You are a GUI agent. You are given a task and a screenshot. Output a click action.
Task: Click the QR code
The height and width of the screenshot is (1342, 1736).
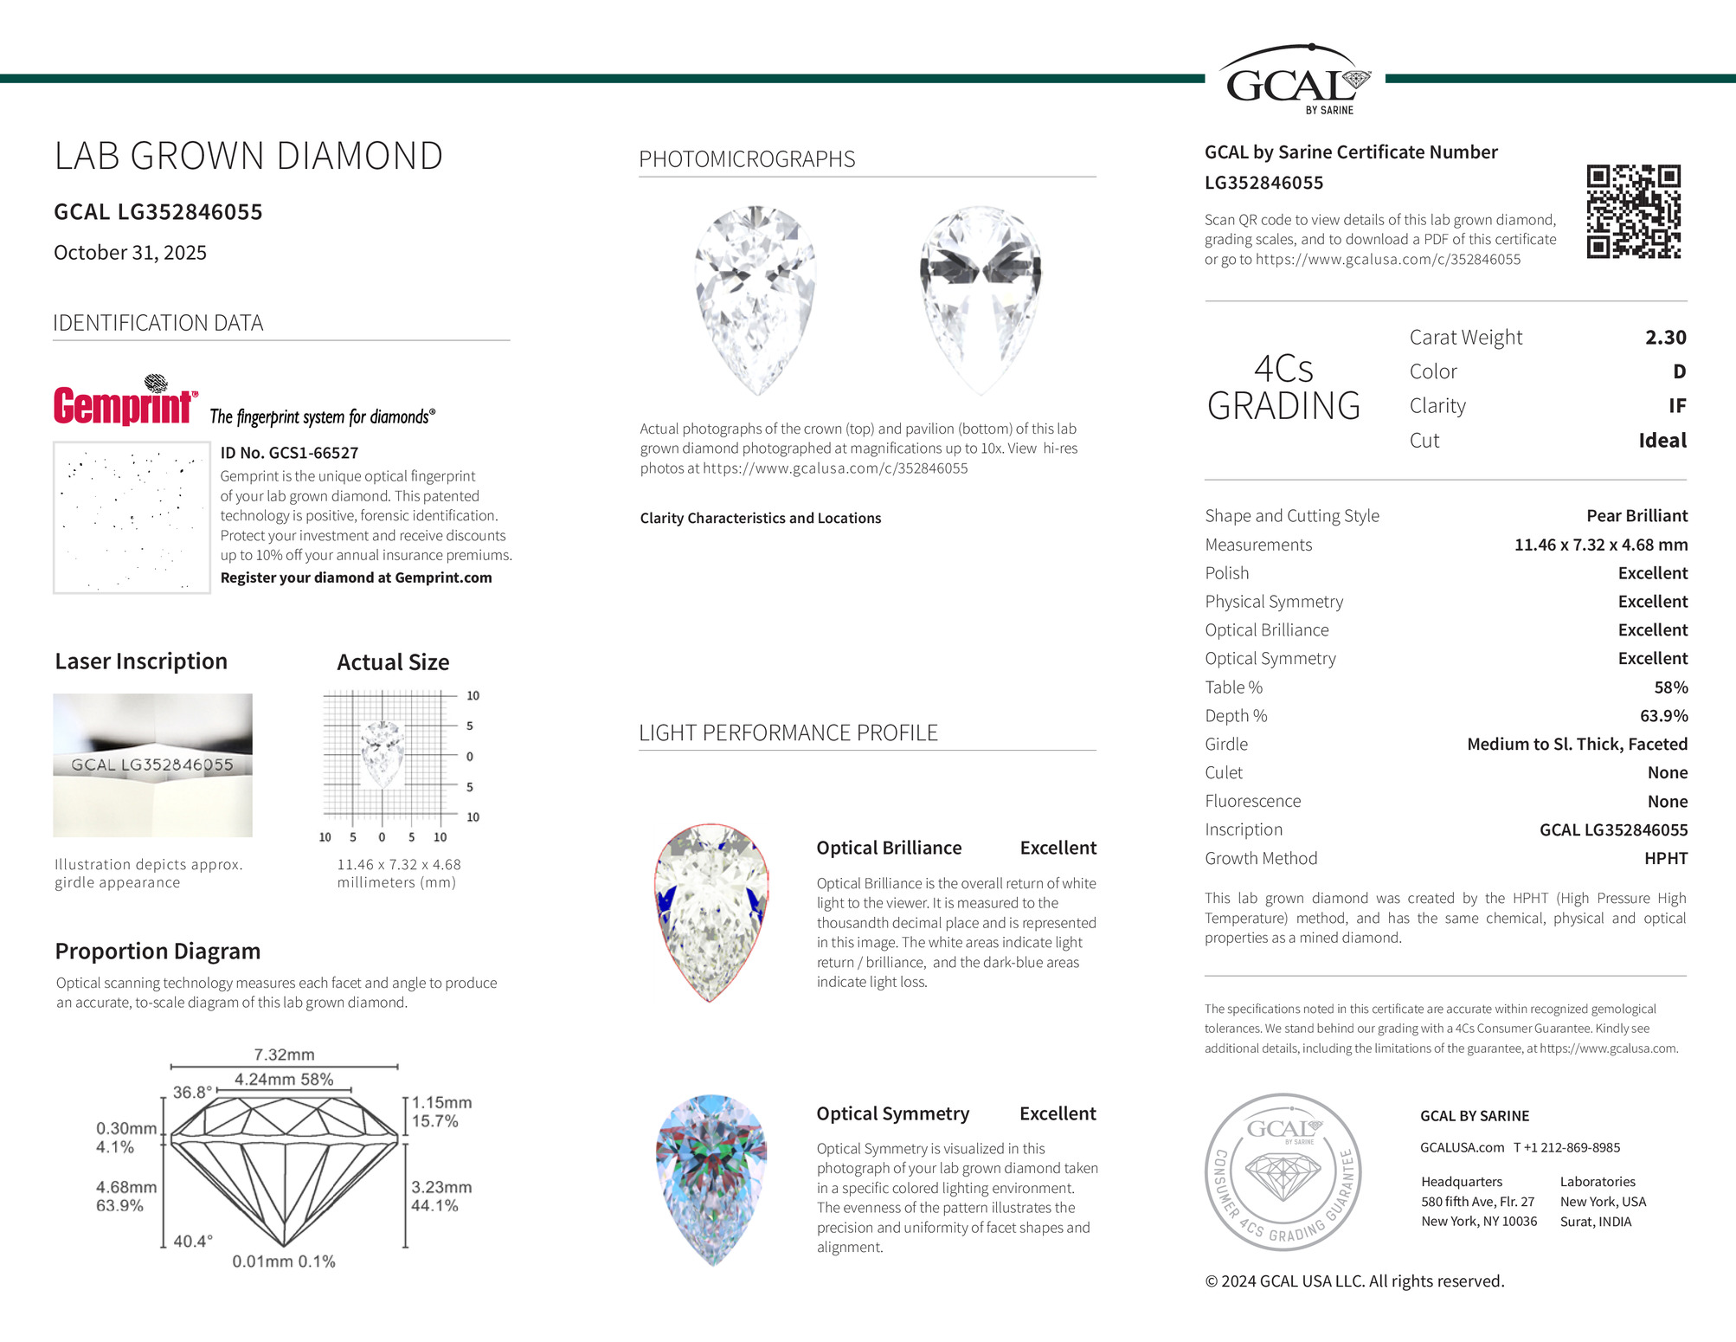tap(1633, 212)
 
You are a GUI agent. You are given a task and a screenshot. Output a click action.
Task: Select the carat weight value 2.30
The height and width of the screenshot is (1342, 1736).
tap(1665, 338)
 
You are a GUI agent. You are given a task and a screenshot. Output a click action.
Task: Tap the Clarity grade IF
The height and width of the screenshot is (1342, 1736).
tap(1676, 406)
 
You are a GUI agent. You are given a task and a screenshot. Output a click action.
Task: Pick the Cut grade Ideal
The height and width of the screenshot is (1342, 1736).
tap(1662, 441)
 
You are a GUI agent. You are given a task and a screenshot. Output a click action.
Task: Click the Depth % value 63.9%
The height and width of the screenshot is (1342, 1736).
tap(1663, 716)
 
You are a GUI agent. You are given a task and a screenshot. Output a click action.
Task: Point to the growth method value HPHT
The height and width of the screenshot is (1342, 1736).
tap(1665, 859)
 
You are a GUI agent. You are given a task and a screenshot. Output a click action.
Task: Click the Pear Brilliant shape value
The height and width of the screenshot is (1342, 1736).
tap(1636, 516)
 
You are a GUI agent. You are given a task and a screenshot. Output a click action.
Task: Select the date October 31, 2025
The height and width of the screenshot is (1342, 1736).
tap(131, 253)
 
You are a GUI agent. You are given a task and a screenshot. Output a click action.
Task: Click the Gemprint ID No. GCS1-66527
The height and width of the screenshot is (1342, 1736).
tap(289, 453)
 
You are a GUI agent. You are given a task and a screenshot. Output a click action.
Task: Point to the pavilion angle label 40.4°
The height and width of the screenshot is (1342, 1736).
tap(193, 1242)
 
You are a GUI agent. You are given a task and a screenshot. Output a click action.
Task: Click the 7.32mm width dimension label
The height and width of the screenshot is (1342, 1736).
tap(284, 1055)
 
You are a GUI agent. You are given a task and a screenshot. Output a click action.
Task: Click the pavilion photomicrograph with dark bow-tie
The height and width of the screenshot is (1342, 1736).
tap(980, 299)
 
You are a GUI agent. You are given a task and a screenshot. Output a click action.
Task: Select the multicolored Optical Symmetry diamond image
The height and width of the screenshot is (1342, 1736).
tap(711, 1179)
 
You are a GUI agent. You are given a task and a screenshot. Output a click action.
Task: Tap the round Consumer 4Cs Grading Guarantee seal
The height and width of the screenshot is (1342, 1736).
tap(1283, 1171)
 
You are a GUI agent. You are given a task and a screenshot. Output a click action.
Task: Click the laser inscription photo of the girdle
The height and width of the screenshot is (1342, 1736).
tap(152, 765)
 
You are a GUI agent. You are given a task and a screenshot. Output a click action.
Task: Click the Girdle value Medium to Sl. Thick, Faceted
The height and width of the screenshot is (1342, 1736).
tap(1577, 745)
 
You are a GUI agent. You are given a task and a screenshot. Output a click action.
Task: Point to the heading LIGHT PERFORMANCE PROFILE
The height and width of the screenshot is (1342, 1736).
tap(788, 733)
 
